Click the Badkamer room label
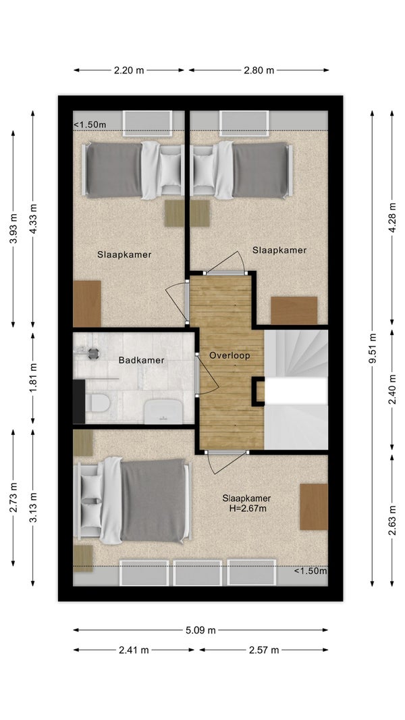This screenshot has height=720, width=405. click(x=141, y=361)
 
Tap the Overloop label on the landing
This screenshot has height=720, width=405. click(x=230, y=355)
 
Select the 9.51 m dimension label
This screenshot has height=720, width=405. click(x=372, y=348)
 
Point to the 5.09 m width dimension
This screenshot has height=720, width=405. click(x=200, y=630)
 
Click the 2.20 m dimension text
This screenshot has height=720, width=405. click(x=129, y=70)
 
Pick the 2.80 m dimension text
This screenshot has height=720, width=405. click(x=259, y=70)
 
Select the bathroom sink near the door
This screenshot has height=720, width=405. click(x=163, y=411)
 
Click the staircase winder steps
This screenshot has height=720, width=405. click(x=296, y=353)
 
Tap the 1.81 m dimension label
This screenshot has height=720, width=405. click(x=32, y=378)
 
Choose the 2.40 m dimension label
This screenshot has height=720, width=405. click(x=392, y=390)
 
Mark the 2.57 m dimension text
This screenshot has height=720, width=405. click(x=264, y=650)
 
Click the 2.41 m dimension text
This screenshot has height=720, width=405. click(x=134, y=650)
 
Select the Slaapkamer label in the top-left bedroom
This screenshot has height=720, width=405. click(x=124, y=255)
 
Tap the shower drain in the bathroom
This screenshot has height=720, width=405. click(x=93, y=353)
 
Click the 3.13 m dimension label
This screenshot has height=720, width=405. click(x=32, y=507)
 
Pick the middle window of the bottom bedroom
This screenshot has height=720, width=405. click(x=198, y=573)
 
